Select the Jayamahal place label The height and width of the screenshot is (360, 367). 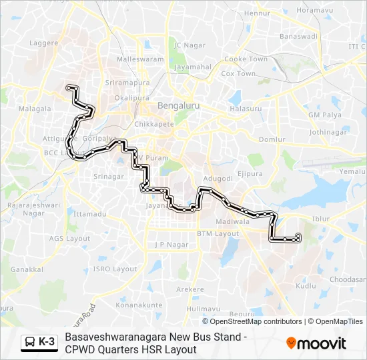click(x=192, y=67)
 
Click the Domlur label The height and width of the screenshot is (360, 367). click(x=272, y=139)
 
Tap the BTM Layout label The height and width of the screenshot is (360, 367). click(x=218, y=234)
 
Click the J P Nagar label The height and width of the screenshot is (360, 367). click(x=168, y=245)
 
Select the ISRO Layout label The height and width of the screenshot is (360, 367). click(x=115, y=269)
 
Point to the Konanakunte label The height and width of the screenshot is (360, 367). click(x=139, y=305)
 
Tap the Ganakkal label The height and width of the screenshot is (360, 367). click(x=27, y=269)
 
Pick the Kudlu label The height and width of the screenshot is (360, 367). click(x=306, y=285)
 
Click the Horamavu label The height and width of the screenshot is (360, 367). click(x=314, y=11)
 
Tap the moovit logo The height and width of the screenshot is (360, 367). click(x=316, y=343)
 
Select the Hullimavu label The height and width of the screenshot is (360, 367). click(x=204, y=309)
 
